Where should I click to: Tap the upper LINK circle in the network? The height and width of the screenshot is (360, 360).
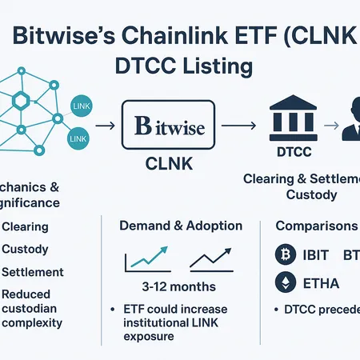[81, 106]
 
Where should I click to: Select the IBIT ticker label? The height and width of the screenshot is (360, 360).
[321, 256]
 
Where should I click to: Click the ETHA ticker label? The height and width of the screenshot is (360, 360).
[322, 284]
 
